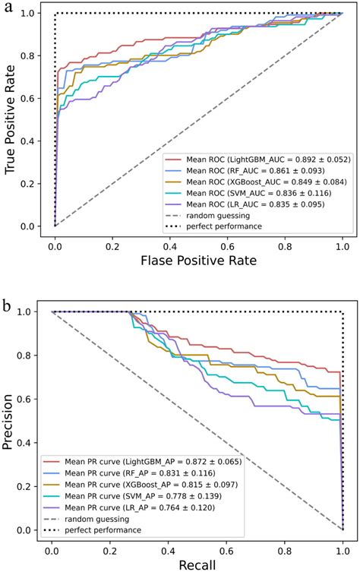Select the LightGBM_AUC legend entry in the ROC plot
[257, 160]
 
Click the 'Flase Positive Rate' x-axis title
[198, 260]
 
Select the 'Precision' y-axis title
[11, 422]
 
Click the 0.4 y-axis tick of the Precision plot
[31, 443]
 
